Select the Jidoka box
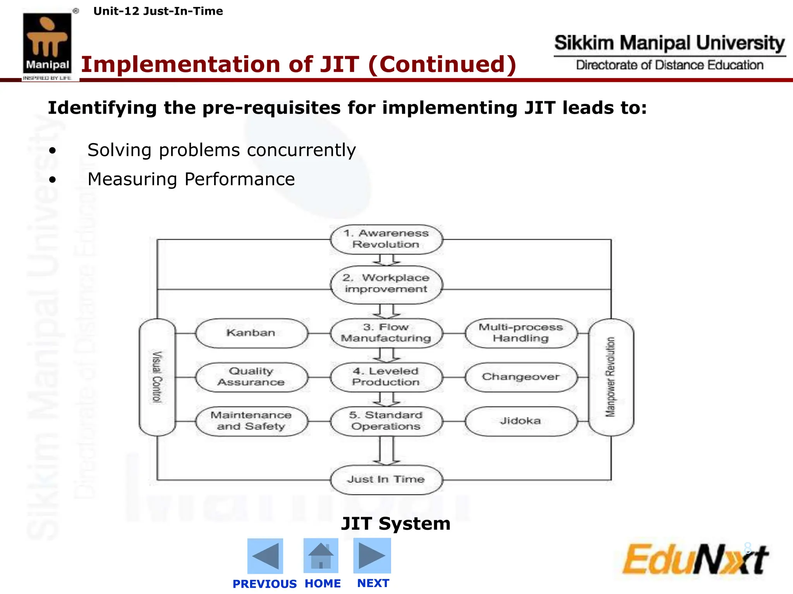click(x=521, y=421)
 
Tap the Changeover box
click(x=521, y=377)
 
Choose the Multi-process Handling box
click(x=521, y=333)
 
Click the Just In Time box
click(x=386, y=480)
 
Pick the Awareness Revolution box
click(x=386, y=239)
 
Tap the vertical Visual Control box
click(x=157, y=377)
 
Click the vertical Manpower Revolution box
click(x=611, y=377)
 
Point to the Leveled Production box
click(x=386, y=377)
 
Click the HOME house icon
click(x=321, y=556)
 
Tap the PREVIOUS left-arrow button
click(x=265, y=556)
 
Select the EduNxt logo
click(x=695, y=559)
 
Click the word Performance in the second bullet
click(x=240, y=179)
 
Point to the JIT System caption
click(x=396, y=524)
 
